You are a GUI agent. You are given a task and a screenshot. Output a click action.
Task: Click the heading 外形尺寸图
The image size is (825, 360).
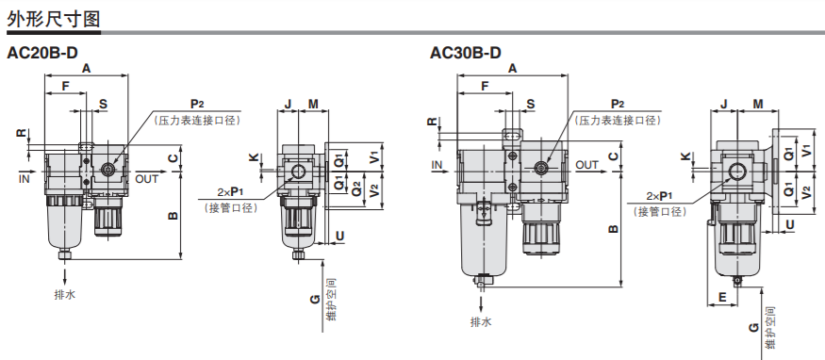53,19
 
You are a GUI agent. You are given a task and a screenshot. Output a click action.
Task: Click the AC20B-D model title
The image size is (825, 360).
42,53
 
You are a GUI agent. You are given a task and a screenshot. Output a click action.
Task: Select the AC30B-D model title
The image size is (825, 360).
466,53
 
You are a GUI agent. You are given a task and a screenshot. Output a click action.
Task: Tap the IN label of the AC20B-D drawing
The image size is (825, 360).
25,179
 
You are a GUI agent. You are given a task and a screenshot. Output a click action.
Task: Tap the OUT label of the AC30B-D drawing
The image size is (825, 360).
587,165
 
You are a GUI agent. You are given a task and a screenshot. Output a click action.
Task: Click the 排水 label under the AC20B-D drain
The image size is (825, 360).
65,294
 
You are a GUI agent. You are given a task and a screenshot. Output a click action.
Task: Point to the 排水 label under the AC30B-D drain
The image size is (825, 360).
481,321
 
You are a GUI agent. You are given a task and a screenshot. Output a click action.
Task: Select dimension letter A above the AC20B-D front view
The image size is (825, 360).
87,68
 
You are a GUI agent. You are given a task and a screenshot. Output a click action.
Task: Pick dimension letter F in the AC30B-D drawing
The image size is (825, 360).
486,86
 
